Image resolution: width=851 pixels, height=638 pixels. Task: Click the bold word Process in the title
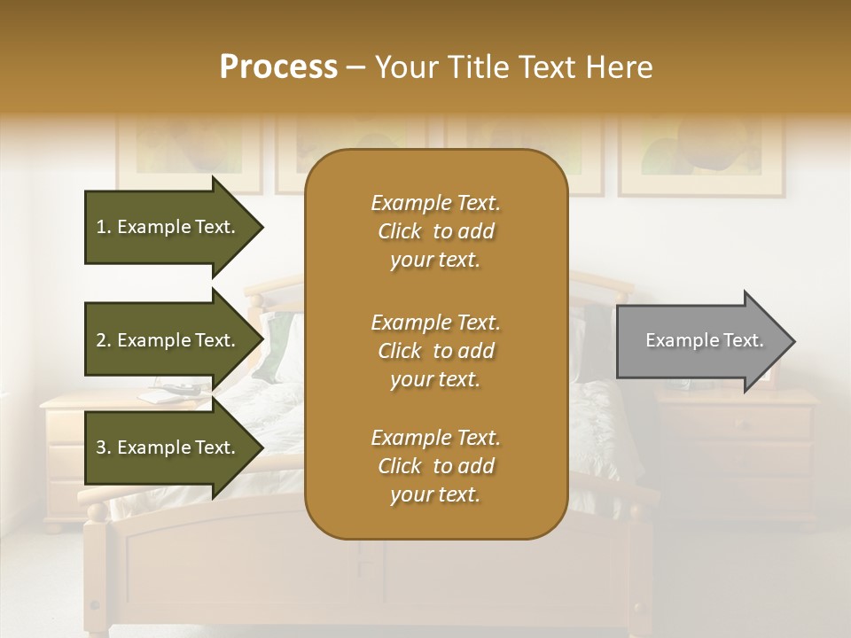(x=278, y=67)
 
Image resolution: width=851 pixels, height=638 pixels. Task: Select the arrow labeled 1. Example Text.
(x=168, y=227)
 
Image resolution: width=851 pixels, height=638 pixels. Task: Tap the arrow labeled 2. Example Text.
(x=168, y=340)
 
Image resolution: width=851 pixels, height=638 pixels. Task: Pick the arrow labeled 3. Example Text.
(x=168, y=447)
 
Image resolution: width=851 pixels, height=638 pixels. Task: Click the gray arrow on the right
(x=700, y=341)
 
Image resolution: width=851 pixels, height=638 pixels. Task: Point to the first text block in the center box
(x=435, y=231)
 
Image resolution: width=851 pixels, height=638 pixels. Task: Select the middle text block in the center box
(x=435, y=350)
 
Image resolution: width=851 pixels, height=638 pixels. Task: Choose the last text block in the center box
(x=435, y=466)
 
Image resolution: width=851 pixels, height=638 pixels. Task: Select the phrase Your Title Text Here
(x=513, y=67)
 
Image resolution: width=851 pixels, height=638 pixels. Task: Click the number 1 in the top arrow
(x=101, y=227)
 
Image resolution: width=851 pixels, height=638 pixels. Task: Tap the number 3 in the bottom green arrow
(x=101, y=447)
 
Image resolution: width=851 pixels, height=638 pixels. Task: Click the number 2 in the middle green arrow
(x=101, y=340)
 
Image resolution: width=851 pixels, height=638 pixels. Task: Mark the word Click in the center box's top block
(x=400, y=231)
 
